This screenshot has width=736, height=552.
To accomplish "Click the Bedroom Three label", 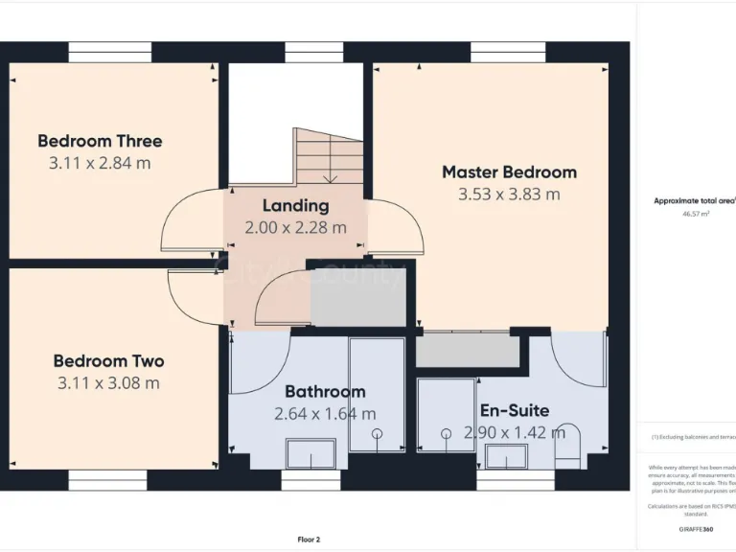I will pyautogui.click(x=100, y=141).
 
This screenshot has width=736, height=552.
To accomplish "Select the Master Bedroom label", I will pyautogui.click(x=509, y=172).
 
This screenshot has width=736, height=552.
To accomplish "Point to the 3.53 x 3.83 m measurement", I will pyautogui.click(x=509, y=195).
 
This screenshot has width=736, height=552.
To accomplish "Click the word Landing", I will pyautogui.click(x=295, y=205).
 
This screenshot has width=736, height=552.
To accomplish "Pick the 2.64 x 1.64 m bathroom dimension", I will pyautogui.click(x=325, y=414).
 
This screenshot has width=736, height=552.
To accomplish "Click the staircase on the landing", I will pyautogui.click(x=329, y=156).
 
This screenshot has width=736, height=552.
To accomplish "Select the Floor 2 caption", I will pyautogui.click(x=309, y=540).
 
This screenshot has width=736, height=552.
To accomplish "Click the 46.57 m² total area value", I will pyautogui.click(x=696, y=215).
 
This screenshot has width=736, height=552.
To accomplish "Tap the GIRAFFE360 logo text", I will pyautogui.click(x=695, y=529).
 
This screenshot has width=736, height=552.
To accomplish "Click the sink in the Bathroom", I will pyautogui.click(x=310, y=453).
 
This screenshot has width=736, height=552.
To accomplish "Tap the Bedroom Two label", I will pyautogui.click(x=108, y=361).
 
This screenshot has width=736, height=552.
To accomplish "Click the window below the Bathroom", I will pyautogui.click(x=310, y=479).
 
